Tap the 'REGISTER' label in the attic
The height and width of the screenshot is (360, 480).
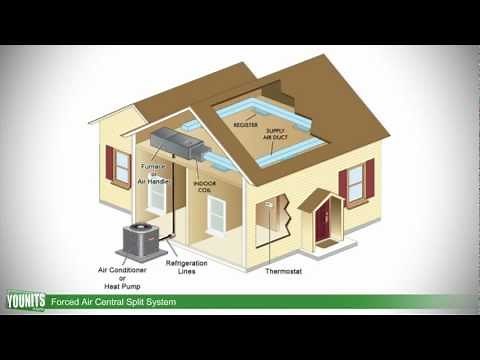pyautogui.click(x=246, y=126)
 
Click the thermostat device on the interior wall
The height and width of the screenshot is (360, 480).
pyautogui.click(x=267, y=204)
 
